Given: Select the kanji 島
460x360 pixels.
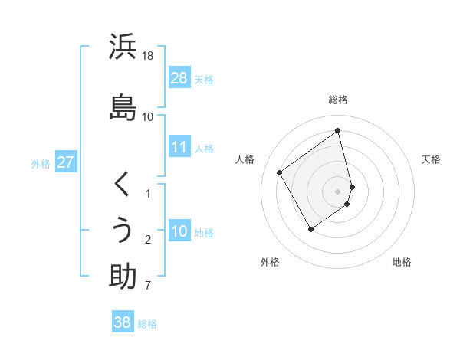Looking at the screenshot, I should (x=123, y=107).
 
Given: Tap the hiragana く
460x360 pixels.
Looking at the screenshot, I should (x=123, y=185).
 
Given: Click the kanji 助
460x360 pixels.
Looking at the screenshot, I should (x=123, y=277).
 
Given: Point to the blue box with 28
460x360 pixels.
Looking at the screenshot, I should (x=179, y=78).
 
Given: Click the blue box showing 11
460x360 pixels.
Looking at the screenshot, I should (x=179, y=148).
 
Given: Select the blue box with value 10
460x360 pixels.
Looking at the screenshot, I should (x=179, y=232).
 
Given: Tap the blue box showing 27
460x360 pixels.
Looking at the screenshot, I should (x=66, y=162).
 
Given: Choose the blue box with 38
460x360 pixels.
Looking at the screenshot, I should (x=123, y=322).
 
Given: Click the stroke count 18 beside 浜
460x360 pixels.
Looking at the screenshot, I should (x=148, y=56).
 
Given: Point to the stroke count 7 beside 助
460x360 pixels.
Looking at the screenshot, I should (x=148, y=286).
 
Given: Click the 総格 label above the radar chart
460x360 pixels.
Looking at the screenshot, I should (x=338, y=100).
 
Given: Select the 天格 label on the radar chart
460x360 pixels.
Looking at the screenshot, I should (x=431, y=159).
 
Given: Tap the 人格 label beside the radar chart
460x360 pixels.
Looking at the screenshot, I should (x=245, y=159).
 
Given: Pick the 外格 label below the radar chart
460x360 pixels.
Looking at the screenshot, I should (x=270, y=262).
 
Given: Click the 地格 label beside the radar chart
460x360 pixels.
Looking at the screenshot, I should (x=402, y=262).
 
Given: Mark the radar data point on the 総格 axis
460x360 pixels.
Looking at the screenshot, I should (x=338, y=131).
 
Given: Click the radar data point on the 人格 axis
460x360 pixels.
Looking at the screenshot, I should (x=280, y=173).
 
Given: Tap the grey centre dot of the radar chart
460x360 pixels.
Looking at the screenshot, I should (x=338, y=191).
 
